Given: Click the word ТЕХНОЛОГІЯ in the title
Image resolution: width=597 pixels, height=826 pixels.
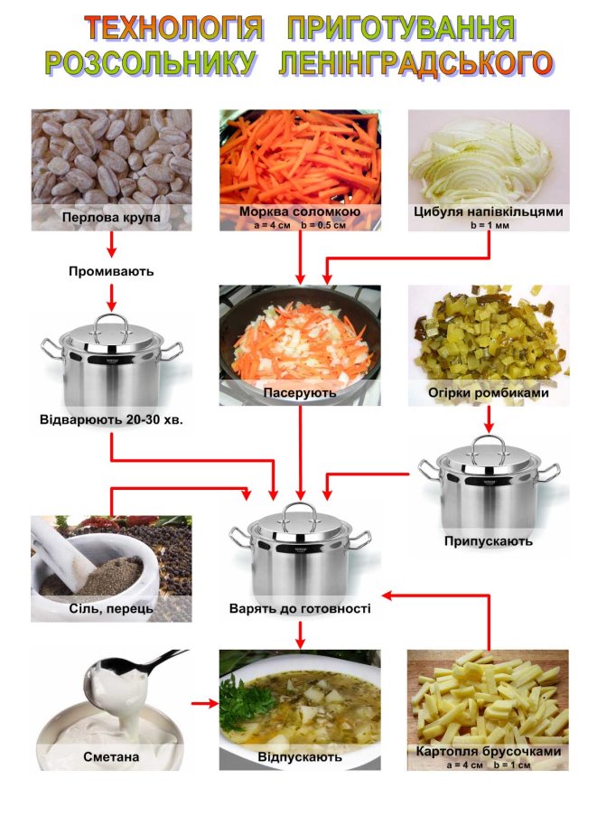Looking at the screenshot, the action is coord(173,28).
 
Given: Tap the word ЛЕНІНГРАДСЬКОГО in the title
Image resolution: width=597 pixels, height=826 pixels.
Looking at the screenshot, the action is coord(415,63).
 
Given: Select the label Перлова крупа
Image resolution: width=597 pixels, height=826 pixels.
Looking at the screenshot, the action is coord(111,217).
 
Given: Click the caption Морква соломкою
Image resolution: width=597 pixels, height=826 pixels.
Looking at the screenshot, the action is coord(300,211).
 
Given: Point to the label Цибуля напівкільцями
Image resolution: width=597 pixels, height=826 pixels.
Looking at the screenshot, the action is coord(489,211).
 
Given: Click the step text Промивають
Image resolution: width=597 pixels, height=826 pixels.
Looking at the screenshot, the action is coord(111,271).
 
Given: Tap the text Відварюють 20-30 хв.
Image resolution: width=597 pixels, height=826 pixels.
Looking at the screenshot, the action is coord(111,420).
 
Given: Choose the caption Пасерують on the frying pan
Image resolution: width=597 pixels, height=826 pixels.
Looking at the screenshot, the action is coord(300,392).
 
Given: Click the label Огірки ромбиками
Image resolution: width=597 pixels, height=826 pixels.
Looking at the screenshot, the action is coord(489,392).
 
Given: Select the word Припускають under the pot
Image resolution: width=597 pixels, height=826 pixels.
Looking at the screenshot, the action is coord(489,541).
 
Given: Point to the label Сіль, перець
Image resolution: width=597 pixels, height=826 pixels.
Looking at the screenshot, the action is coord(111,609).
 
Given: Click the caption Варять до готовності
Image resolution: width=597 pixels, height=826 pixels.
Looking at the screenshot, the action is coord(300,608).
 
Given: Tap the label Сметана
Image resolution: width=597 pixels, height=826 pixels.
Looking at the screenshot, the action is coord(111,757).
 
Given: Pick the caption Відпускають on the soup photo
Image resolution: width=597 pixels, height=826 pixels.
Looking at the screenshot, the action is coord(300,757).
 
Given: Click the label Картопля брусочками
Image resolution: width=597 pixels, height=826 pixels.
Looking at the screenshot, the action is coord(489,751).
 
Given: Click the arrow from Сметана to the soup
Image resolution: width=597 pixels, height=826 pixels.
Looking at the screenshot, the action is coord(205,703).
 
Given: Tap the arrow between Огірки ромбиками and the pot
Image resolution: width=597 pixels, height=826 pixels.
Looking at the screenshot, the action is coord(490,419).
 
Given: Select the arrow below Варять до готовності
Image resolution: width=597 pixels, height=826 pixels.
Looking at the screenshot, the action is coord(300,635).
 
